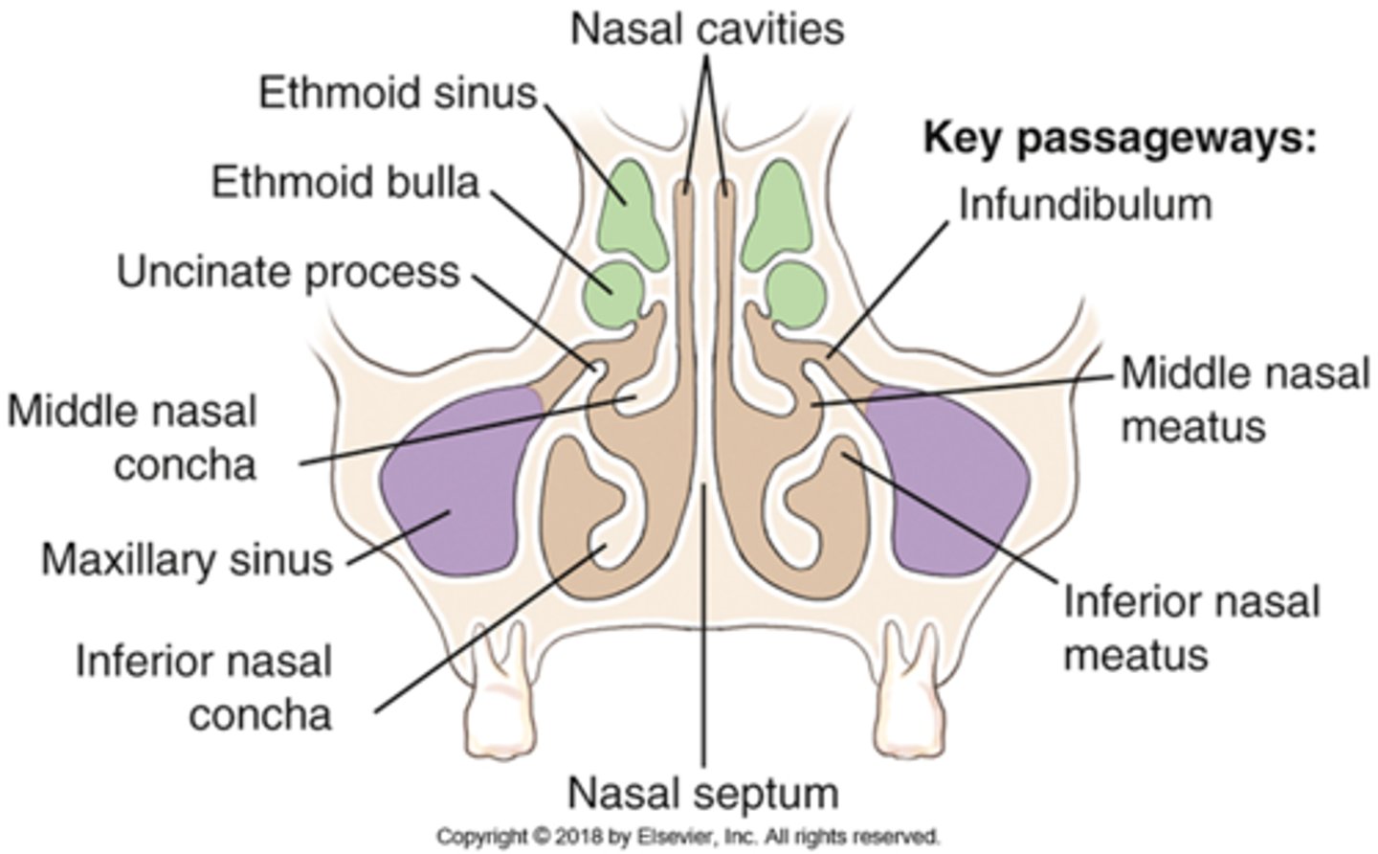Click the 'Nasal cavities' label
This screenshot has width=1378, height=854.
point(707,29)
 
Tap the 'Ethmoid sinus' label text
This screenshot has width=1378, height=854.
point(398,94)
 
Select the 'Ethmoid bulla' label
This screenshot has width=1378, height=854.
point(345,181)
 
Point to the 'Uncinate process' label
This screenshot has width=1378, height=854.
point(288,272)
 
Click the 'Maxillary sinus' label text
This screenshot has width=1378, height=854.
point(187,559)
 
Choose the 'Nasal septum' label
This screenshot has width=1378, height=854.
point(703,793)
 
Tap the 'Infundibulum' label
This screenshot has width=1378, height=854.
point(1085,204)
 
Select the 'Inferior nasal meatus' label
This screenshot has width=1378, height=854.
point(1191,628)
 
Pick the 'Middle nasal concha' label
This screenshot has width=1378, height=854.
point(134,438)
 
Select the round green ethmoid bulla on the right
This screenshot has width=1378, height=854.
point(796,293)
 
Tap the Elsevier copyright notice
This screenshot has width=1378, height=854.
point(688,836)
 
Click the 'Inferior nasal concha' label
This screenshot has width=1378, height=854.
point(204,688)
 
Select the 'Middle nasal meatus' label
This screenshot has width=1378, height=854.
point(1244,398)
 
